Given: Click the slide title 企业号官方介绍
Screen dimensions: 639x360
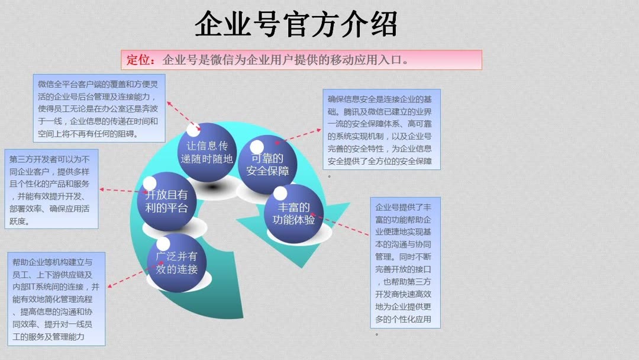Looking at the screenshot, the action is pos(296,24).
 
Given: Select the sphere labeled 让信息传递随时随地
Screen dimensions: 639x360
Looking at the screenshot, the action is pos(206,152).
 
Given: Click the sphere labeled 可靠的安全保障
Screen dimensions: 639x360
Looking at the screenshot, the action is pos(267,164).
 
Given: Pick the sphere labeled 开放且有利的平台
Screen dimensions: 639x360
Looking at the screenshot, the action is pos(167,201).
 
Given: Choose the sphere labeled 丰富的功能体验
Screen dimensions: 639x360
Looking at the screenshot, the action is pos(293,213).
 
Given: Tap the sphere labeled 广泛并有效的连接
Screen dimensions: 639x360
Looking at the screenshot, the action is pos(176,262).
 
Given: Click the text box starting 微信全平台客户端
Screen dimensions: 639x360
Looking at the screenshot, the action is pos(99,108).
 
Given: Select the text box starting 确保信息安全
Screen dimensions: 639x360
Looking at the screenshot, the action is pos(382,129).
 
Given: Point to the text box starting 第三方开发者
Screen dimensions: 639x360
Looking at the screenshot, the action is pos(51,189).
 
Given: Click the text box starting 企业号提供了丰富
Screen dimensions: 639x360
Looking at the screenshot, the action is pos(405,262).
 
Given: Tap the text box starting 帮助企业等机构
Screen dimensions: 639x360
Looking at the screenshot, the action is pos(56,299).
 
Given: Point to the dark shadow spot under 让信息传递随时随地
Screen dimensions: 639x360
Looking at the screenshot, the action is pos(212,187).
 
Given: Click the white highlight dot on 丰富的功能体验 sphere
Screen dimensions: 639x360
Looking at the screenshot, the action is pos(280,193).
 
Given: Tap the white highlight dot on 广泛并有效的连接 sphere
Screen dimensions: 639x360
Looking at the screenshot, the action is pos(163,244).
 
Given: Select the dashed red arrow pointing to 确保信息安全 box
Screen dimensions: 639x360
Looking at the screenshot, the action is pos(298,136).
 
